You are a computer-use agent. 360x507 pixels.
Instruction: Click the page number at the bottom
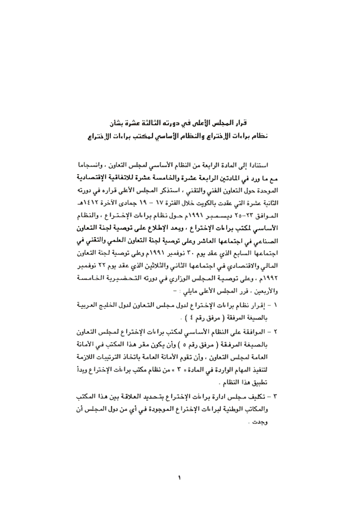point(179,477)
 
